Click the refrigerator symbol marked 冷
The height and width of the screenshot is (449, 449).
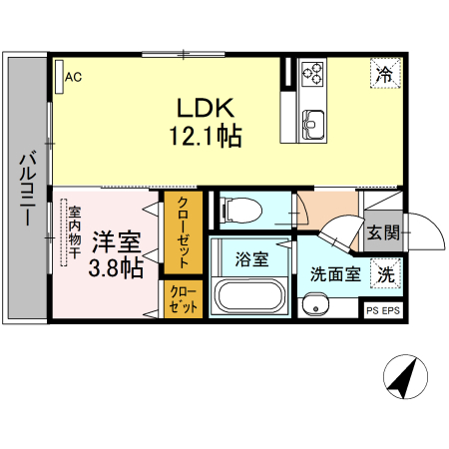coord(383,72)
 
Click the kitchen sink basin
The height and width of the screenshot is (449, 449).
coord(312,124)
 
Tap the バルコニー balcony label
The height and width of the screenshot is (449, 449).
coord(27,189)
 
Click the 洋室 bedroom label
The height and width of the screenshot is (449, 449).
coord(117,242)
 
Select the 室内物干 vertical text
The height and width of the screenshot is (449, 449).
coord(75,232)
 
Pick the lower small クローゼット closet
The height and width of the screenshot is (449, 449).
coord(184,300)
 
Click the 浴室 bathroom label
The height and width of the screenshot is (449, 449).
coord(250,259)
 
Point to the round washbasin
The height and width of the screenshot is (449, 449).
coord(315,307)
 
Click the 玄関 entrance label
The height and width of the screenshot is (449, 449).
coord(382,234)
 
